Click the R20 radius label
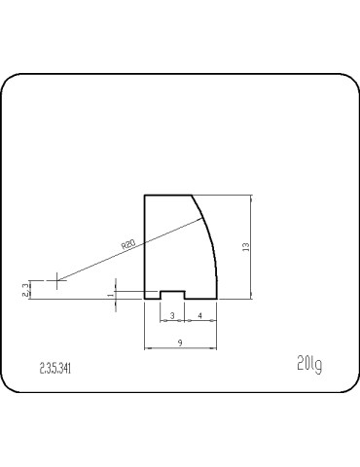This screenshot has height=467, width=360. pyautogui.click(x=128, y=245)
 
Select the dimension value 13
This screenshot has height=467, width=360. pyautogui.click(x=247, y=249)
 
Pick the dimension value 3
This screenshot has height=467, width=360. pyautogui.click(x=172, y=316)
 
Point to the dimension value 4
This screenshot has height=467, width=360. pyautogui.click(x=200, y=316)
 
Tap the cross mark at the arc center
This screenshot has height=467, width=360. pyautogui.click(x=57, y=282)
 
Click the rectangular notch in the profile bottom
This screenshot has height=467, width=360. pyautogui.click(x=172, y=294)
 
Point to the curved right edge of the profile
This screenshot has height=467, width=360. pyautogui.click(x=209, y=243)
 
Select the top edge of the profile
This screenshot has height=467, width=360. pyautogui.click(x=166, y=196)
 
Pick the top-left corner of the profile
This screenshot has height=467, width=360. pyautogui.click(x=145, y=196)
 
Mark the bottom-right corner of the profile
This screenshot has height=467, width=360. pyautogui.click(x=216, y=299)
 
